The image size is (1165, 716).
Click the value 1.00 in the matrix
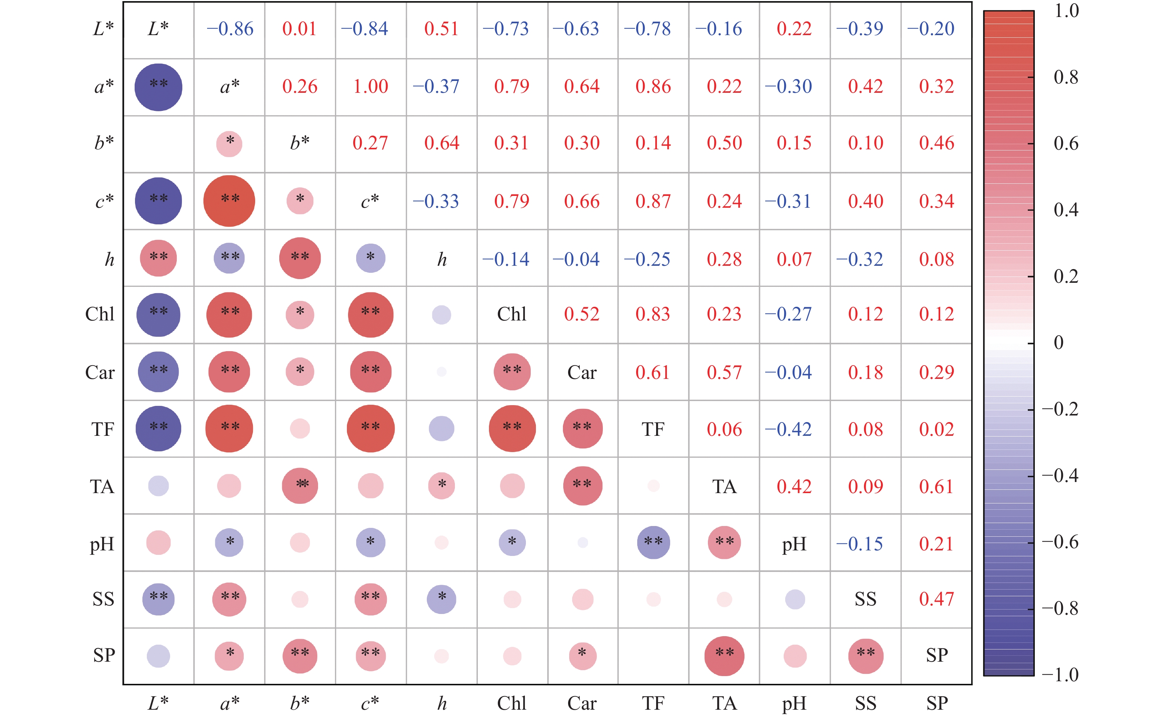(371, 86)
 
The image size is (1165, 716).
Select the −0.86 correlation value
(230, 29)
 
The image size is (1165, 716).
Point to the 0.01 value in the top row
(300, 29)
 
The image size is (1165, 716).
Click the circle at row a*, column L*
(158, 87)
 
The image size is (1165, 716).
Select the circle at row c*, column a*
(229, 201)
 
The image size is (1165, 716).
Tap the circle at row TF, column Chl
(512, 428)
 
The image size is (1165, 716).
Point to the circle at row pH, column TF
(654, 543)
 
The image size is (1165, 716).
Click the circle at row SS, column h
(442, 600)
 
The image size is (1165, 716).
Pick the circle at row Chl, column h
(442, 315)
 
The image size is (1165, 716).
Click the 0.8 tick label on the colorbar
(1066, 77)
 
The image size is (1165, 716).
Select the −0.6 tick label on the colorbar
(1060, 542)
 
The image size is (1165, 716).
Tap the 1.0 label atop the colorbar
(1066, 11)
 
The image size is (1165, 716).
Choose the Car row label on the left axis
(100, 373)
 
